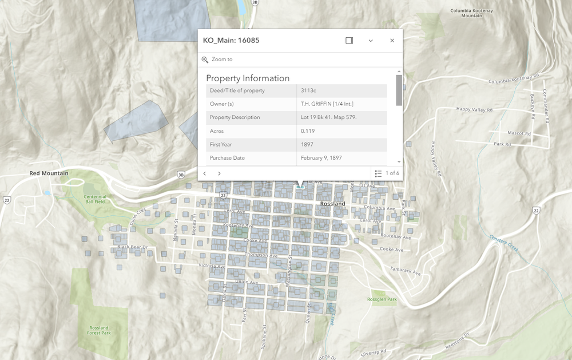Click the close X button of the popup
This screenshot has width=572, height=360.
tap(392, 41)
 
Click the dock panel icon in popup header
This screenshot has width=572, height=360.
tap(349, 41)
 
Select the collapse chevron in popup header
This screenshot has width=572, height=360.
tap(371, 41)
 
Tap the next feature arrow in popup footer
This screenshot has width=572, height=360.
tap(219, 173)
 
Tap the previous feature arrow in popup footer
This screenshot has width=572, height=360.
tap(205, 173)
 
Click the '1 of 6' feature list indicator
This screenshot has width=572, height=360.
tap(387, 173)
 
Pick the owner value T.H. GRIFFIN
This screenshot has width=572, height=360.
tap(327, 104)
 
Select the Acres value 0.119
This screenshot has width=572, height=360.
tap(308, 131)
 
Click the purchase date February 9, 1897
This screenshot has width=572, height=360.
tap(321, 158)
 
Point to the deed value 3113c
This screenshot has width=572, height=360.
tap(308, 90)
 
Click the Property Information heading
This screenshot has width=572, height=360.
tap(248, 78)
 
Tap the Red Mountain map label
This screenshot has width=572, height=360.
tap(49, 173)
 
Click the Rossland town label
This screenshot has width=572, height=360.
tap(332, 204)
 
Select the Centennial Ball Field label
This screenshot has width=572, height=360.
tap(96, 199)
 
